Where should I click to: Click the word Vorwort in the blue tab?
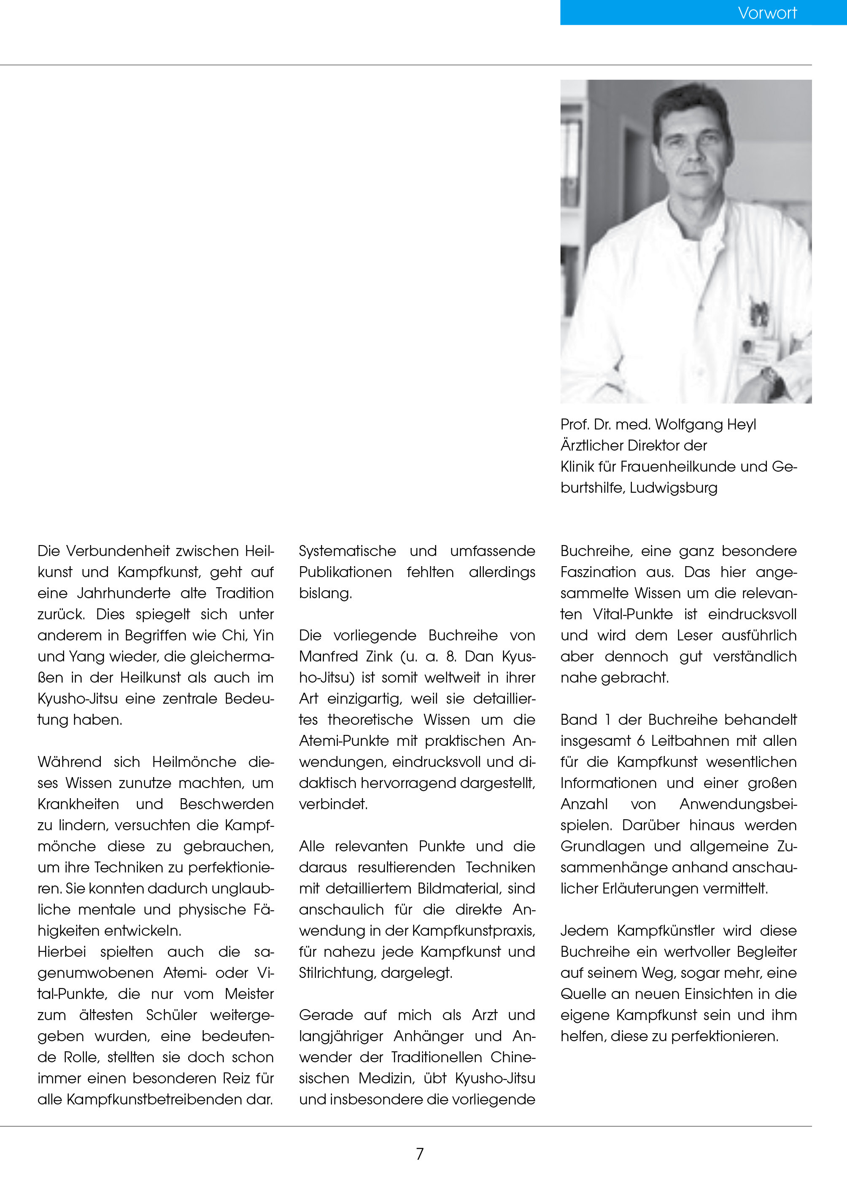coord(767,13)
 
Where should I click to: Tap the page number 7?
coord(420,1154)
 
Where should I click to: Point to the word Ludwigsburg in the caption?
coord(673,488)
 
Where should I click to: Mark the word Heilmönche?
coord(194,761)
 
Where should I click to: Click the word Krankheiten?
coord(78,804)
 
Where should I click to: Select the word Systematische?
coord(347,551)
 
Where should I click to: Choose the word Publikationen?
coord(345,572)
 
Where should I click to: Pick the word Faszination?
coord(598,572)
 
